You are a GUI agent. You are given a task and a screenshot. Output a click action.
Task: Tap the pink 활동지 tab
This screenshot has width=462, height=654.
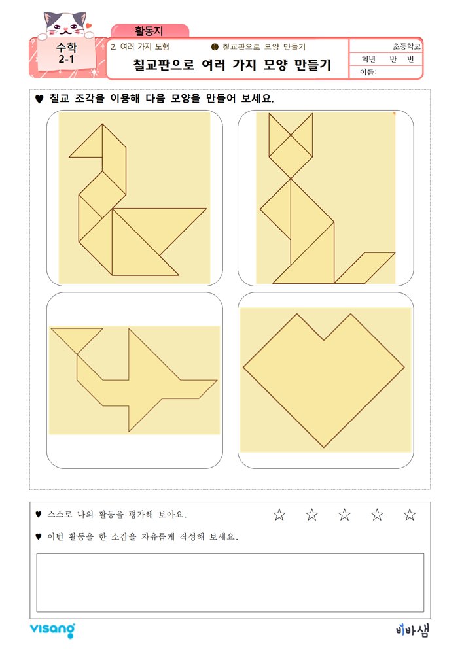pos(150,31)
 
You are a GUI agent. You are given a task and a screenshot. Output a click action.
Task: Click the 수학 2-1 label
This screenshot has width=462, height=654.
pos(66,53)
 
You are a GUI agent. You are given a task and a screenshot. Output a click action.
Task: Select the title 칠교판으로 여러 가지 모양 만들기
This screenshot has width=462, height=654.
pos(232,65)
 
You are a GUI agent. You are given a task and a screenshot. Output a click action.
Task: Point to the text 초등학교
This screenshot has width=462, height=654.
pos(406,46)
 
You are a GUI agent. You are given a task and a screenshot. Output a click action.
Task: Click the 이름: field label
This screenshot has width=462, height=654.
pos(368,72)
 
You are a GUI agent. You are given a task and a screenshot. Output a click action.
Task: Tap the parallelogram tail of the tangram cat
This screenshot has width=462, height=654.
pos(364,267)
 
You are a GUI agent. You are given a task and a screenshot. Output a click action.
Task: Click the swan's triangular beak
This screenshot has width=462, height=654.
pos(86,141)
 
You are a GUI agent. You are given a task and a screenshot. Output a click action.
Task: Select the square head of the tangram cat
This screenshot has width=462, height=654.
pos(291,157)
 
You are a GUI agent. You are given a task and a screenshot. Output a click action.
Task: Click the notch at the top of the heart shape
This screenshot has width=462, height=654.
pos(324,340)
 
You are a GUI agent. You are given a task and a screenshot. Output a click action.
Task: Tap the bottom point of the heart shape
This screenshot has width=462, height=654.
pos(324,447)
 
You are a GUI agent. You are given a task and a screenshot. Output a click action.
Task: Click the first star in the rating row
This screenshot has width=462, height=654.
pos(279,514)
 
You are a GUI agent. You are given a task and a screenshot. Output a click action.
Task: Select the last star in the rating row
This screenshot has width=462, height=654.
pos(410,514)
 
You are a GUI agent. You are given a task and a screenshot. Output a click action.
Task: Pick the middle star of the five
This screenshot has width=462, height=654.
pos(344,514)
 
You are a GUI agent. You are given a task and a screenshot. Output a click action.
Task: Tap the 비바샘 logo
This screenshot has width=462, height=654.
pos(412,630)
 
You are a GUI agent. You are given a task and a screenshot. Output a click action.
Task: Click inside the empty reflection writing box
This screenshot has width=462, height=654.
pos(230,583)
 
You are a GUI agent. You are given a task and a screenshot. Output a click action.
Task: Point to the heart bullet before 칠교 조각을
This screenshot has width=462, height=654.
pos(39,99)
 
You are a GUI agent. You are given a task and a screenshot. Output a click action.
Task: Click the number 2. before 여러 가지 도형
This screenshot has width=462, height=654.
pos(113,47)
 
